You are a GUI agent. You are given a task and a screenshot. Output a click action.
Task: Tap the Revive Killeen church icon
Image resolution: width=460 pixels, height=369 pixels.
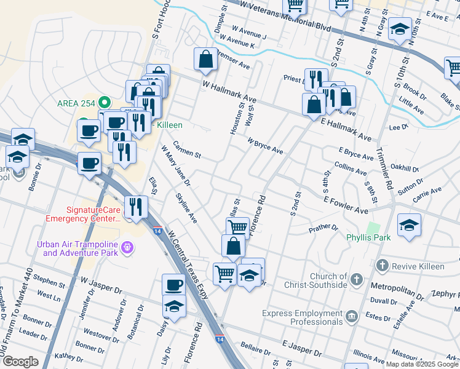pos(382,266)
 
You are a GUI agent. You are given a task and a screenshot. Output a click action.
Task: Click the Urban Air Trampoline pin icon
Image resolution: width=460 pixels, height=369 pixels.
pos(127,248)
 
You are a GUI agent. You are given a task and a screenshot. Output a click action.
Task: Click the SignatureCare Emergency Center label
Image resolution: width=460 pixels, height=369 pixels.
pos(82,214)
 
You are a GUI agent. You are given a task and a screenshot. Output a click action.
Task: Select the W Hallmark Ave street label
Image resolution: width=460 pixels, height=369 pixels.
pos(229,92)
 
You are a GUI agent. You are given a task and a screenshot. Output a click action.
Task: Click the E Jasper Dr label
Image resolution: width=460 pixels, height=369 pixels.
pos(301,349)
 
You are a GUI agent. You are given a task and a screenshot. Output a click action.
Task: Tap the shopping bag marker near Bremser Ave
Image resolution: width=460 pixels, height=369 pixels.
pos(206,59)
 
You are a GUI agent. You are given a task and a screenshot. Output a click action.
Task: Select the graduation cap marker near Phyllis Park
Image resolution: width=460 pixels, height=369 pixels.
pos(409,225)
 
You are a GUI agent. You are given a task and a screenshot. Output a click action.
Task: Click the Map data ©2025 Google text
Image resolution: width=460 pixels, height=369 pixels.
pos(421,364)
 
